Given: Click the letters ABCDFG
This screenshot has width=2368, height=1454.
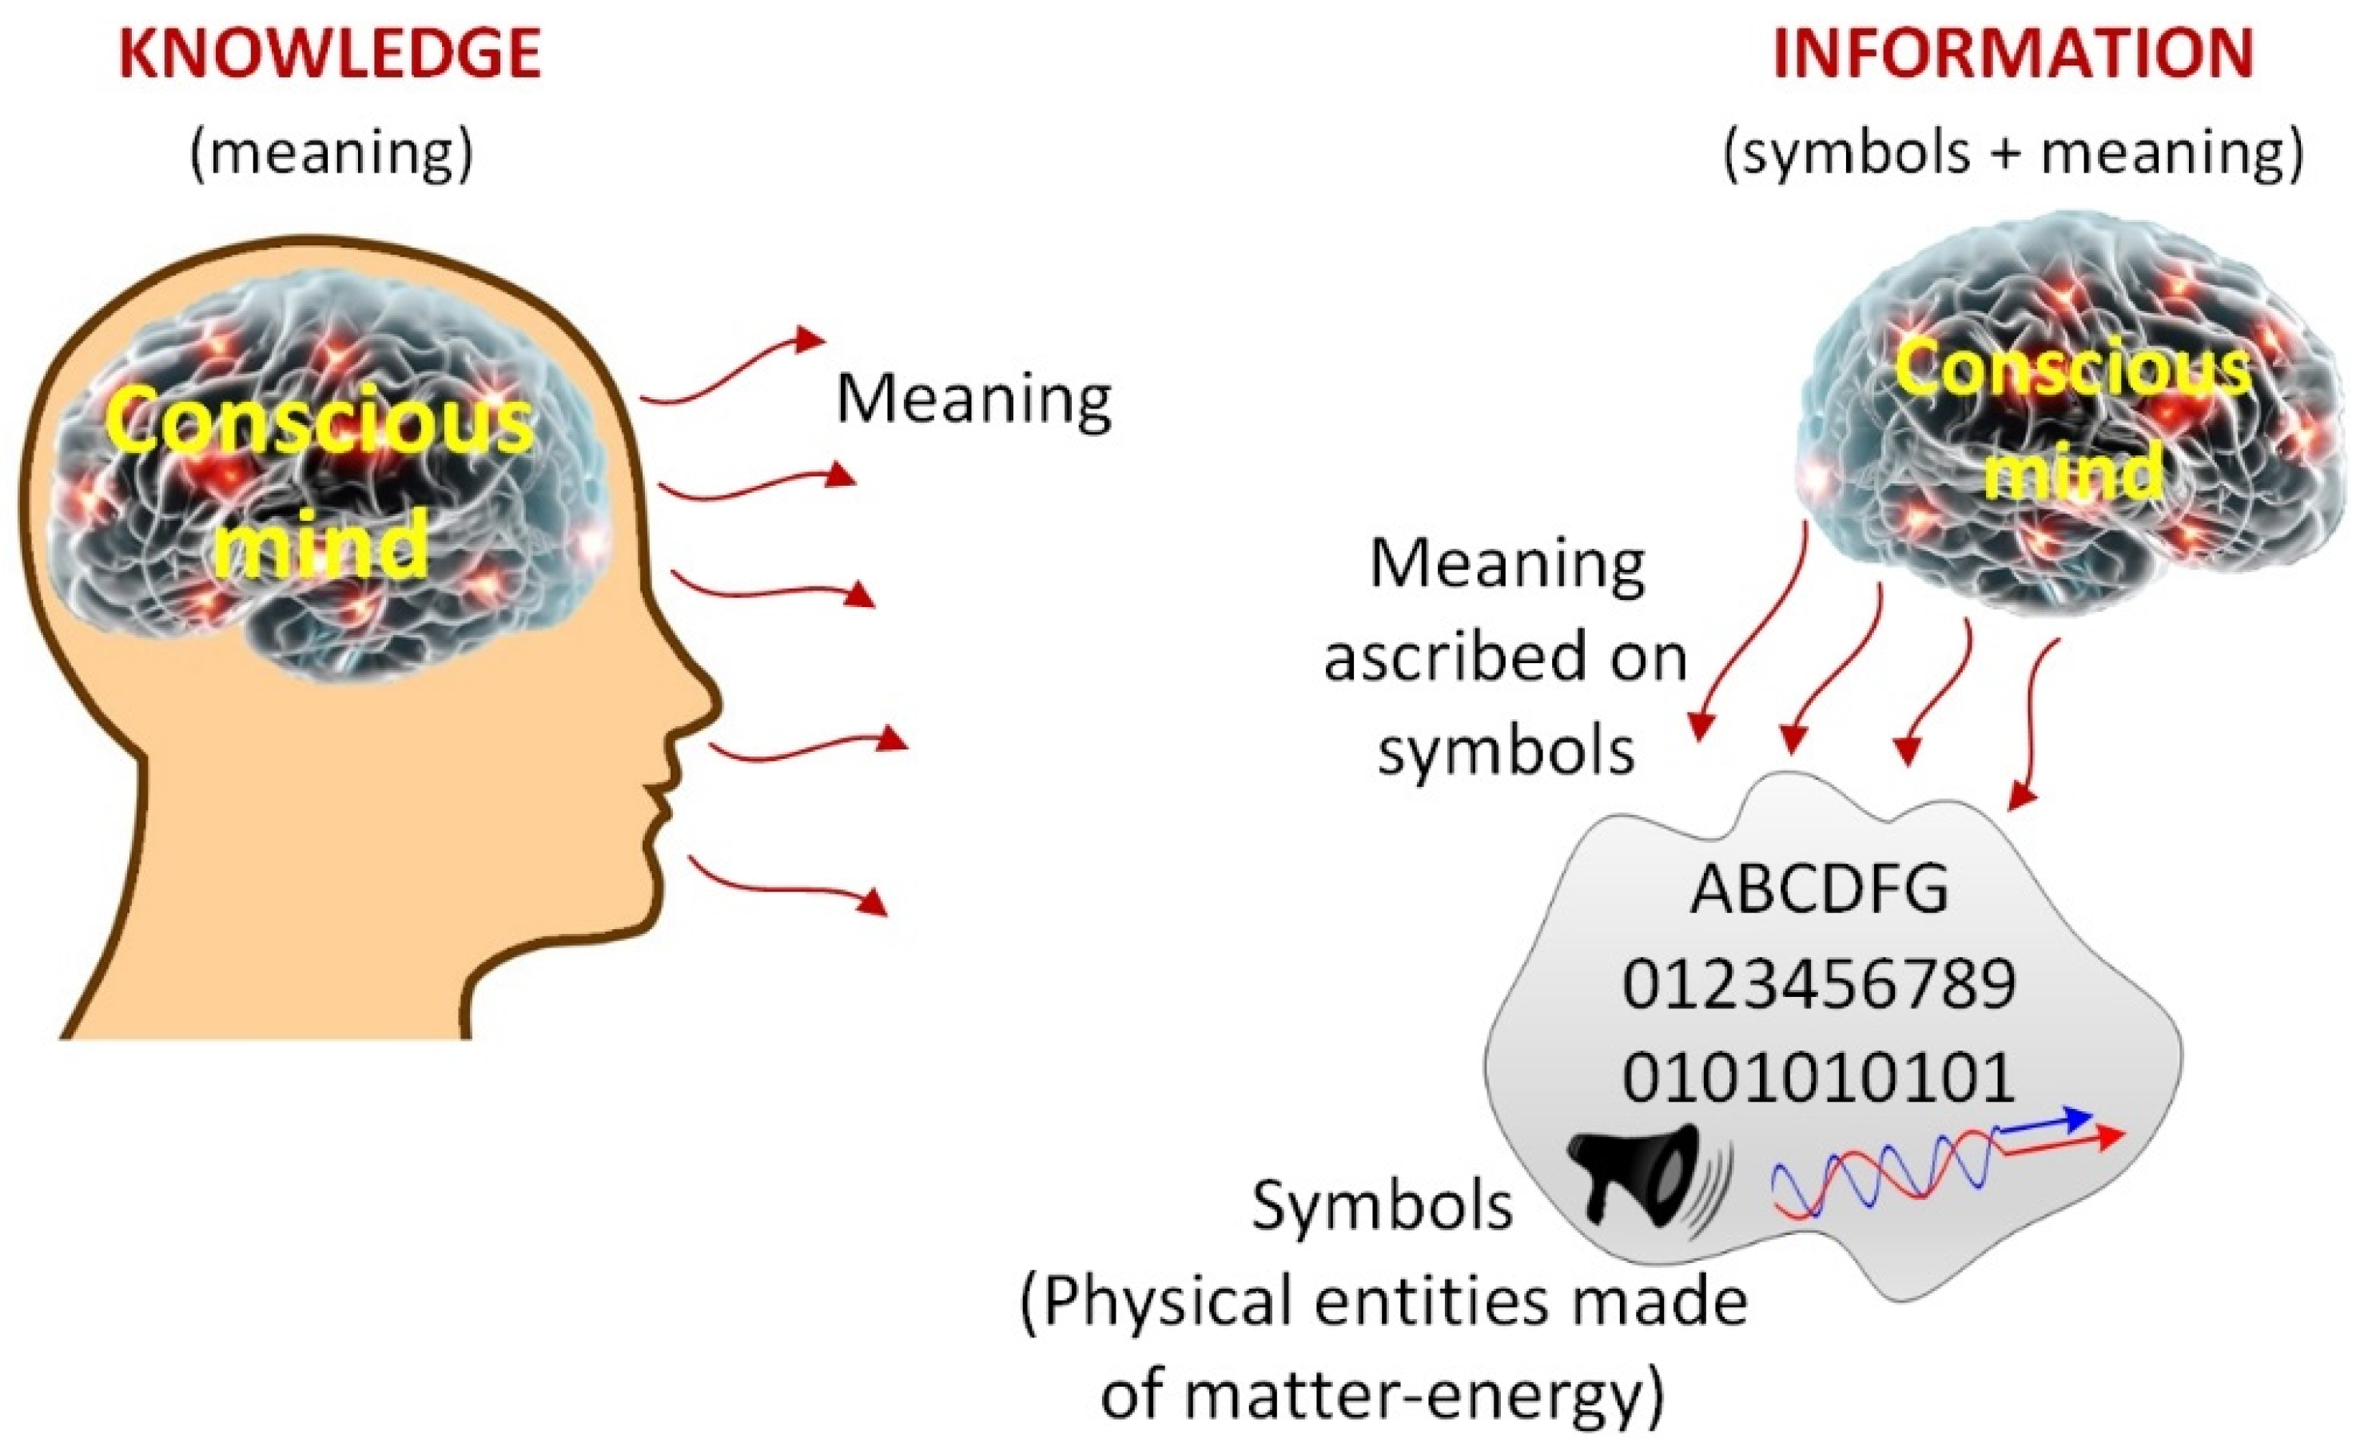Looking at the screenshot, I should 1819,889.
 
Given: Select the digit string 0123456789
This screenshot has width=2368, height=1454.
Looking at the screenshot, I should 1819,983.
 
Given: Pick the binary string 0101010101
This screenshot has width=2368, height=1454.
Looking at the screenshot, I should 1819,1077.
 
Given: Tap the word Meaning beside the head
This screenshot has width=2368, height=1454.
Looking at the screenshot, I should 973,399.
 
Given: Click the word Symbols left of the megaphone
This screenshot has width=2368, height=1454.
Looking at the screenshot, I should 1382,1207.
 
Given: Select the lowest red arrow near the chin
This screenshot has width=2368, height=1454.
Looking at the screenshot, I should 784,884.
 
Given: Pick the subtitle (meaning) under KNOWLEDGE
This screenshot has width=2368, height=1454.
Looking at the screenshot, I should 332,152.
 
